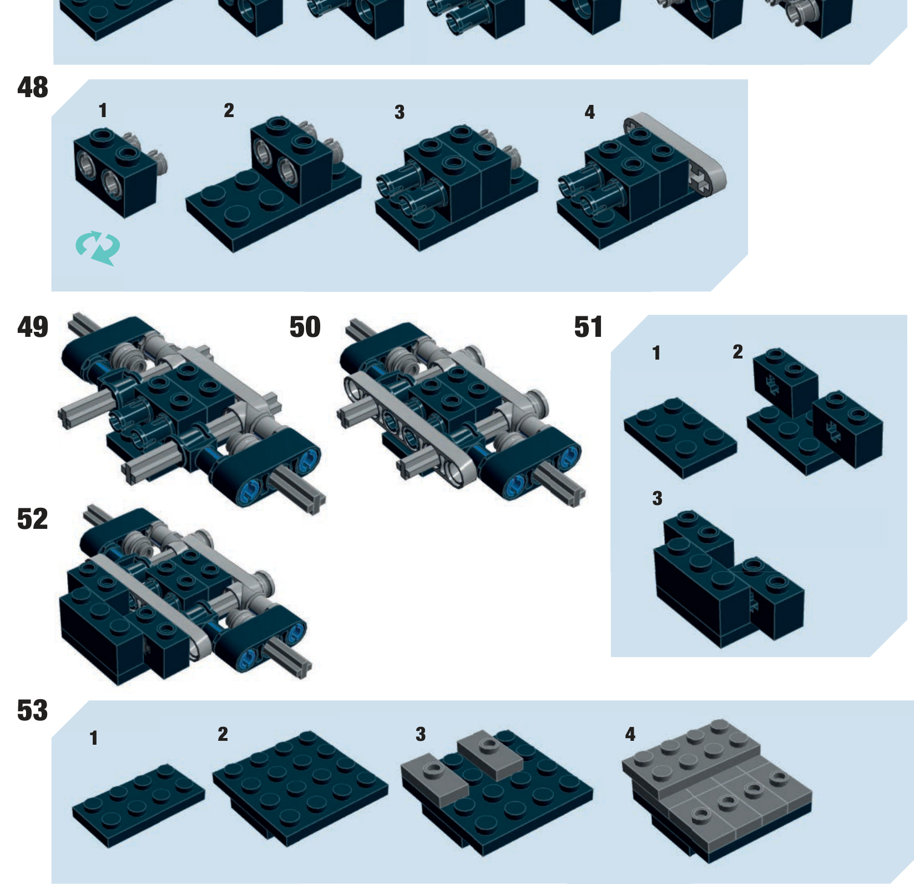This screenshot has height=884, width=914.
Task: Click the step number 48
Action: [x=33, y=88]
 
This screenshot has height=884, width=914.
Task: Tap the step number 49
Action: [x=33, y=327]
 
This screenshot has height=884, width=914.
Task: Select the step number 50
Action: [x=305, y=327]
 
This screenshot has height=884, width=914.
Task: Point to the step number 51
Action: [x=588, y=327]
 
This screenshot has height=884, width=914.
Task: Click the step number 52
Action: [x=33, y=519]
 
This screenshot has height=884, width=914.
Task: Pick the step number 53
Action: [x=33, y=711]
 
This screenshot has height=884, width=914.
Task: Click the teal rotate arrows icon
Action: [x=98, y=247]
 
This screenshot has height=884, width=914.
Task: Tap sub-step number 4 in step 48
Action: [x=589, y=113]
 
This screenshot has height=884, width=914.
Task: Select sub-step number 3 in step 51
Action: [x=657, y=498]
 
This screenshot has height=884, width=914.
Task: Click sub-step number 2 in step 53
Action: [x=223, y=734]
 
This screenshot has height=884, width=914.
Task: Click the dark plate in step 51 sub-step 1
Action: [x=680, y=438]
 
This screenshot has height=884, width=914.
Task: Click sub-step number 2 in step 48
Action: [x=229, y=110]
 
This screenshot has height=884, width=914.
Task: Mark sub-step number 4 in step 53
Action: [x=630, y=734]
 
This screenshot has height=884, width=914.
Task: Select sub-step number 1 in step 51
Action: [x=657, y=353]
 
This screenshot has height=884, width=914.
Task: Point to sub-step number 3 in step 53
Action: [x=421, y=734]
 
